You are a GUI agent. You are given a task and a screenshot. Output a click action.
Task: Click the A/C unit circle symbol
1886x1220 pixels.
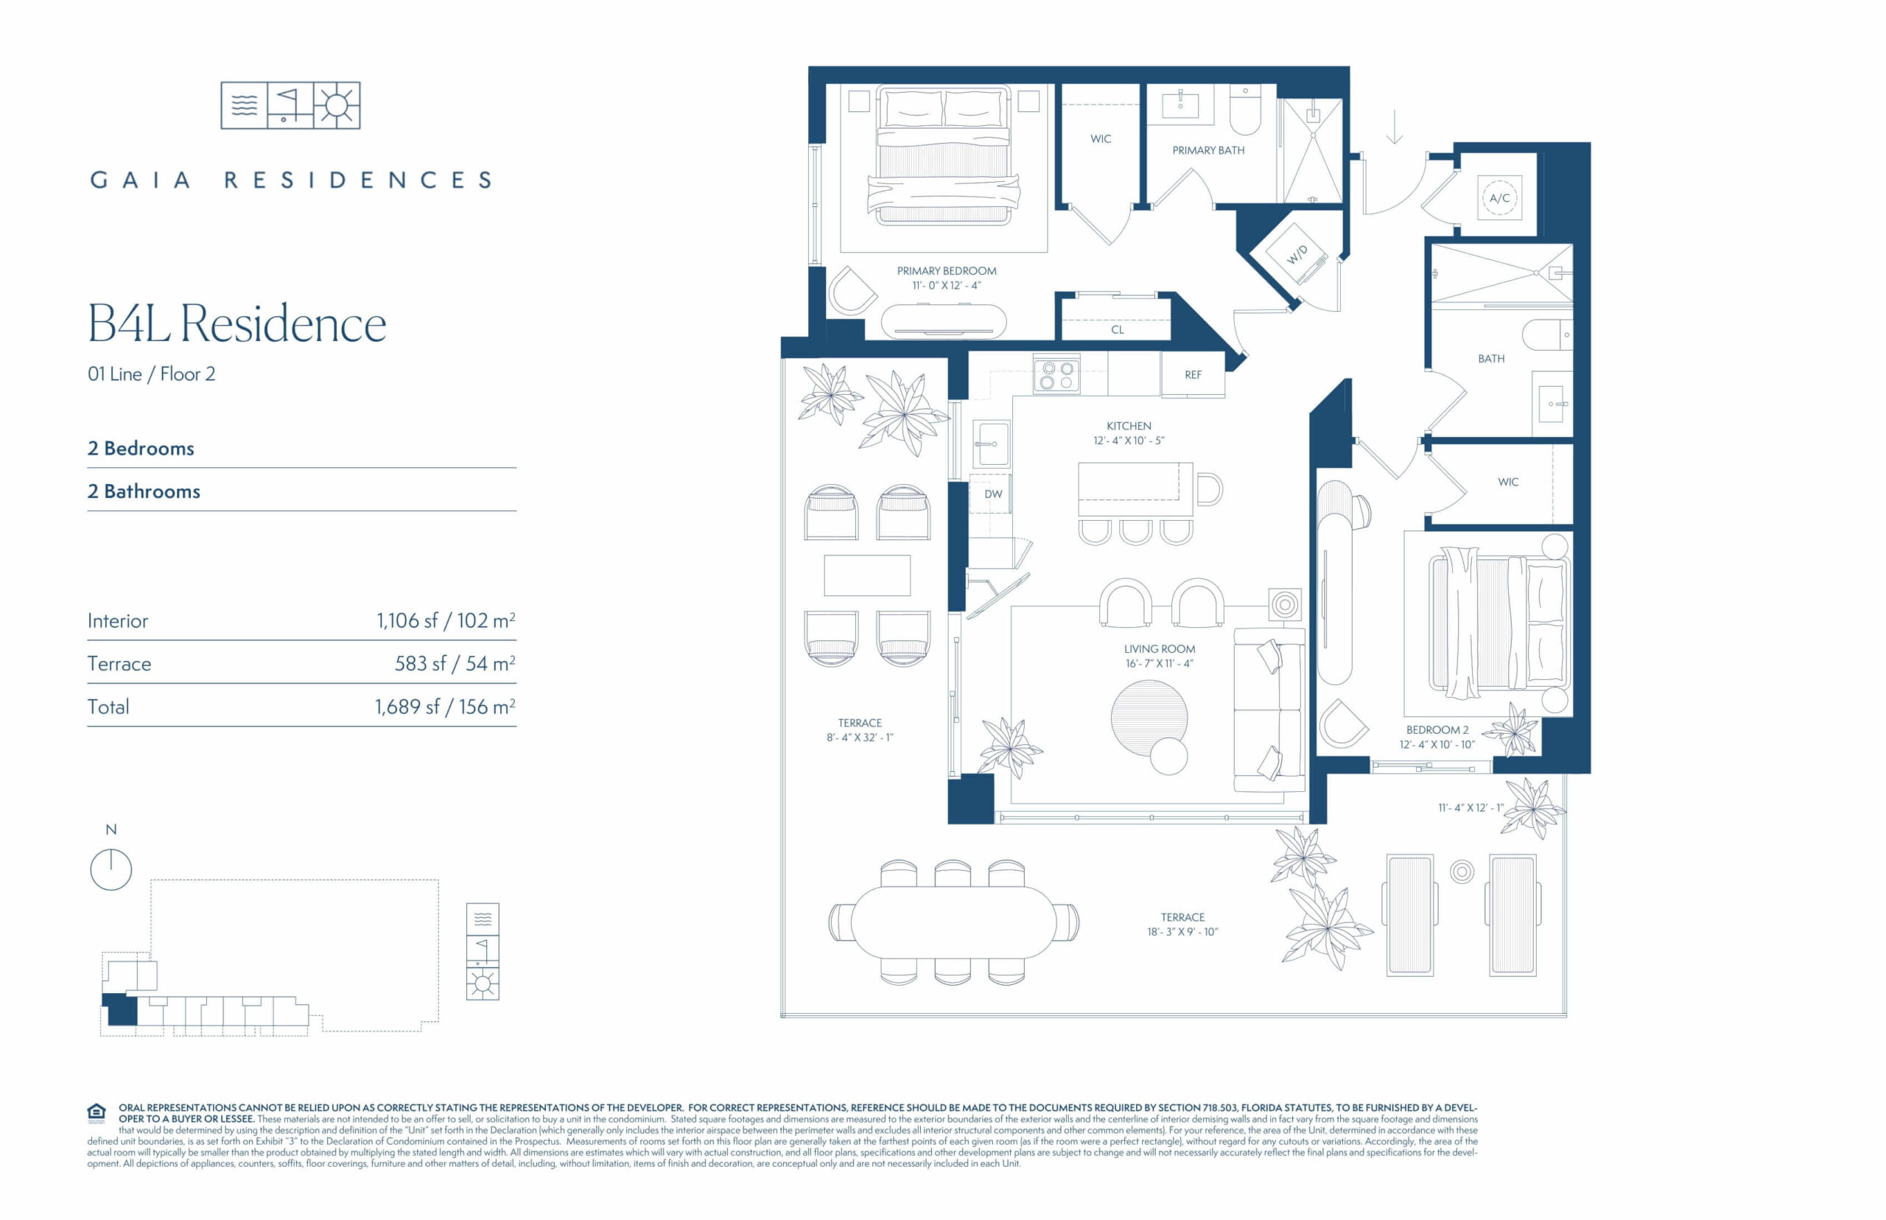click(1498, 198)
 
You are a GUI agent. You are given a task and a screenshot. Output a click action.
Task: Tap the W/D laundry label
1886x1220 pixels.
click(1297, 254)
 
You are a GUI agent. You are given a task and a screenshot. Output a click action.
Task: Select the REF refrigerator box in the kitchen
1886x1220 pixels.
click(1193, 375)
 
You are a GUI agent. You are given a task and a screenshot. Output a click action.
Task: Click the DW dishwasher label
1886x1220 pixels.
click(993, 494)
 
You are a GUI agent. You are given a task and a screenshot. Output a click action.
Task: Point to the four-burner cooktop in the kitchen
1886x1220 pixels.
click(1056, 376)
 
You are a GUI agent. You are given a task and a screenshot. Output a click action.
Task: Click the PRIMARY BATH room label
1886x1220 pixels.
click(1208, 150)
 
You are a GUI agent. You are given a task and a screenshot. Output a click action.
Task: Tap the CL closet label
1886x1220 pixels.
click(1117, 329)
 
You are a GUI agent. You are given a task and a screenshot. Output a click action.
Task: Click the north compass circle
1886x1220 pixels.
click(111, 870)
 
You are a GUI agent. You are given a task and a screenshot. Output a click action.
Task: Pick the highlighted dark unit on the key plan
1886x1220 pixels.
click(122, 1010)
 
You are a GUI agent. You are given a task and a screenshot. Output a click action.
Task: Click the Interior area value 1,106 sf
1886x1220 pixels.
click(407, 620)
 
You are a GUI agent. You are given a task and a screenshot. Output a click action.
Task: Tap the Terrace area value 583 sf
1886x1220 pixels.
click(420, 664)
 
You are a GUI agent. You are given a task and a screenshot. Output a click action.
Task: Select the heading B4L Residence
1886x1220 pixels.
click(236, 323)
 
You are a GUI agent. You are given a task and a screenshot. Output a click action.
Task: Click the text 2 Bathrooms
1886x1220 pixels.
click(144, 491)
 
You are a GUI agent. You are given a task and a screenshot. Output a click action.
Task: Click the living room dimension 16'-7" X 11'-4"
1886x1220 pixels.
click(1159, 664)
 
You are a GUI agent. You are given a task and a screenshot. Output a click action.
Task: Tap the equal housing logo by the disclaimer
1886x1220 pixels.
click(97, 1112)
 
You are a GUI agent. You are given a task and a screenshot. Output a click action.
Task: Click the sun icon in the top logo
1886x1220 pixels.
click(337, 105)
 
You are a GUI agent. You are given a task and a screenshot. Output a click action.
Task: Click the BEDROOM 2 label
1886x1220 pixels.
click(1437, 729)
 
